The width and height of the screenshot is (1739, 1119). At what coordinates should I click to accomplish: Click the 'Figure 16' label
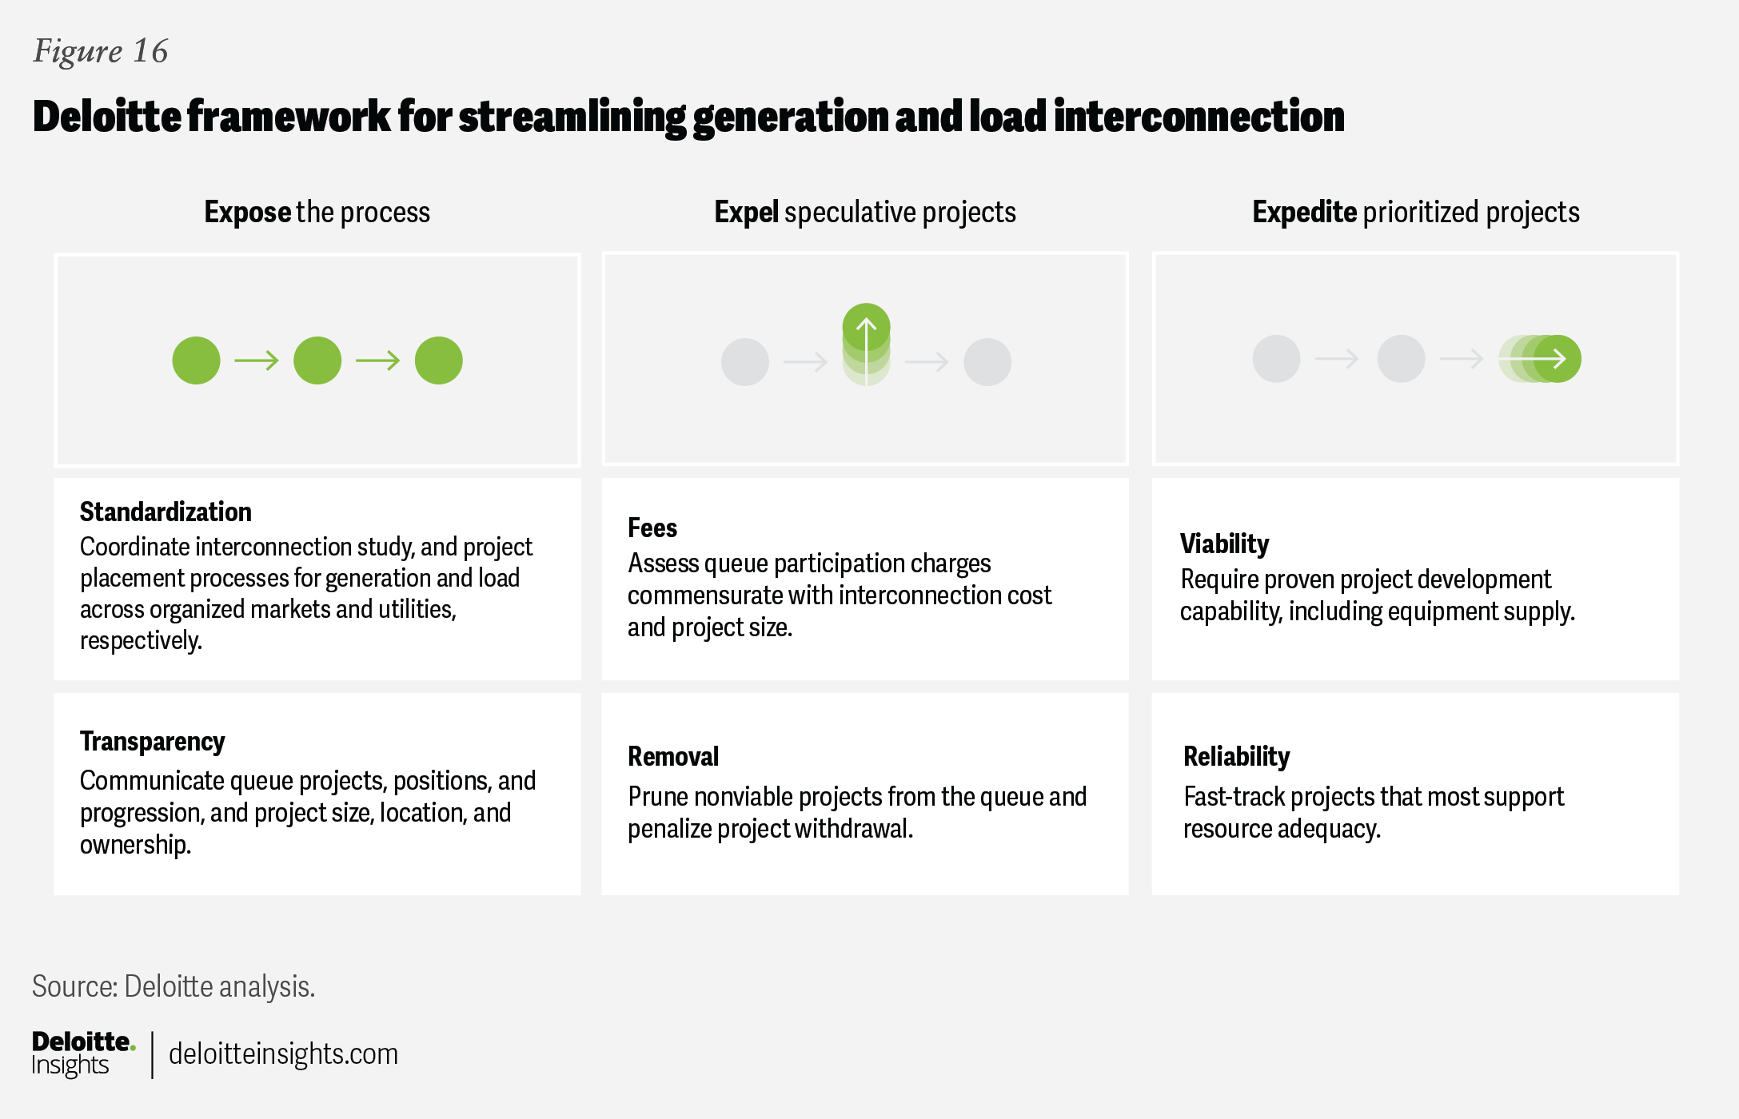(101, 52)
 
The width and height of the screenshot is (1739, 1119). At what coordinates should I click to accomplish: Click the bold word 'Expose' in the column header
(248, 213)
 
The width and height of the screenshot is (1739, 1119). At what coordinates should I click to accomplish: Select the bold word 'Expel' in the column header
(746, 213)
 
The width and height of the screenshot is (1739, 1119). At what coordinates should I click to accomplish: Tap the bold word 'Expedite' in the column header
(1305, 213)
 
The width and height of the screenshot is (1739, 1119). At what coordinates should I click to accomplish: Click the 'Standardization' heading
(166, 512)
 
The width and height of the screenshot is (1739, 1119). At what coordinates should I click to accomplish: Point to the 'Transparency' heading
(152, 743)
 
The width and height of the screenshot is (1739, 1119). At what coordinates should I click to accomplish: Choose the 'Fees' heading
(652, 528)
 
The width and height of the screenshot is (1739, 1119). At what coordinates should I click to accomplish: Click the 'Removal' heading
(673, 756)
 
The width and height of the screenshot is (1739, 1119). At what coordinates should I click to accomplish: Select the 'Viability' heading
(1224, 544)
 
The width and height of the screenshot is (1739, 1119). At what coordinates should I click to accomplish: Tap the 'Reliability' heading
(1236, 757)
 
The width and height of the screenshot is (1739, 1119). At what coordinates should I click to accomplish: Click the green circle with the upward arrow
(866, 328)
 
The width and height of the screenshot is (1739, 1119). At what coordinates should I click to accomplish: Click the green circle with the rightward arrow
(1557, 359)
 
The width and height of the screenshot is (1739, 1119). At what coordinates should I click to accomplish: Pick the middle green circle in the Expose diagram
(317, 360)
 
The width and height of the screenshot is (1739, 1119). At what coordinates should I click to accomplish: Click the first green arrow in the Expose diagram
(257, 360)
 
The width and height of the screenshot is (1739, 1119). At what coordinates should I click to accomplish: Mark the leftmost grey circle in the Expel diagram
(745, 362)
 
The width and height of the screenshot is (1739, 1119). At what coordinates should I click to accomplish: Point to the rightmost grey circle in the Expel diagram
(987, 362)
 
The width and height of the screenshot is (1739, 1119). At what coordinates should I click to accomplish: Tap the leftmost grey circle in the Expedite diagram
(1276, 359)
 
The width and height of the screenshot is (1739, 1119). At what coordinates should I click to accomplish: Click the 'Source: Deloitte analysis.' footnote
(174, 987)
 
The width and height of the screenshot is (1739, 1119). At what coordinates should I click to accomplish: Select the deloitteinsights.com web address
(283, 1054)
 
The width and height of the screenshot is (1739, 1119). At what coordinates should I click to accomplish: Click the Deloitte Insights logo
(83, 1054)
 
